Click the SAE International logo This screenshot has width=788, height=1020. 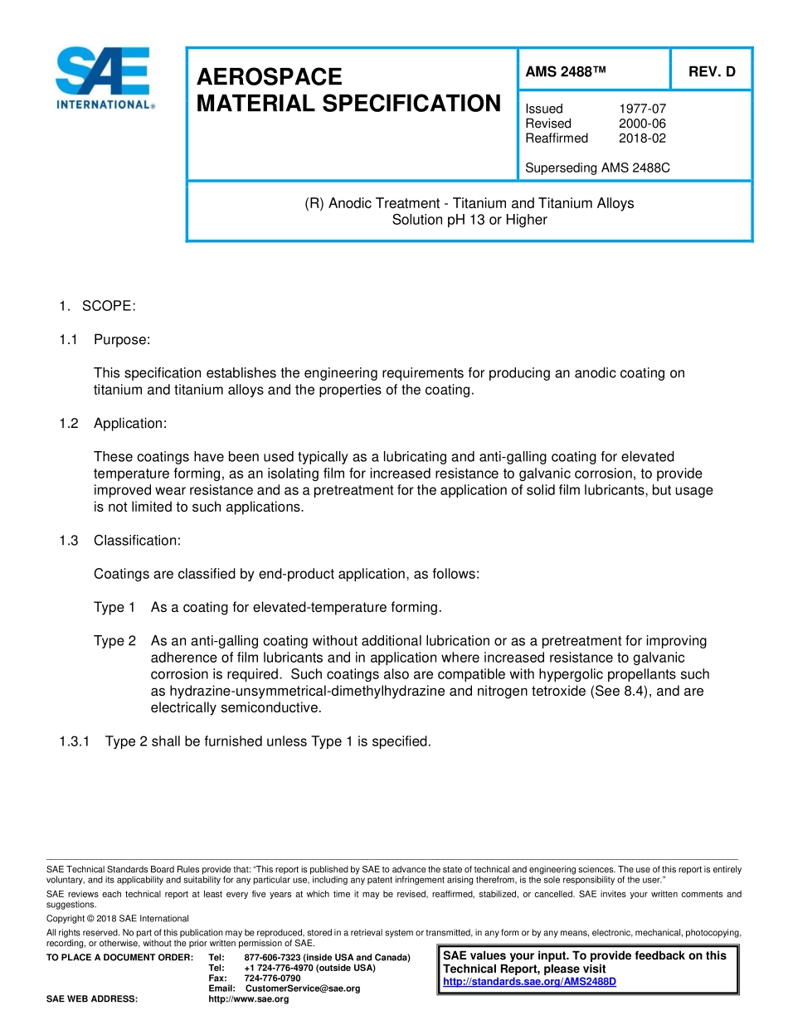coord(104,78)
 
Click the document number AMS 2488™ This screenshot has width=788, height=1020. coord(566,72)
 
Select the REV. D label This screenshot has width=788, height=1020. coord(711,72)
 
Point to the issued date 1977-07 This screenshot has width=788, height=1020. coord(642,109)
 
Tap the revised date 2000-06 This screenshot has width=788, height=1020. coord(642,124)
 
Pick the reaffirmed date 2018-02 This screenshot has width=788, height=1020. coord(642,138)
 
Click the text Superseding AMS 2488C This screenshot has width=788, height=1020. coord(597,168)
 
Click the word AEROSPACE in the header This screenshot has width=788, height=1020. coord(269,77)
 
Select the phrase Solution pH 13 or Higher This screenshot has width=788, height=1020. coord(469,221)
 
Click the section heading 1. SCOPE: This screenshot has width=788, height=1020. coord(97,307)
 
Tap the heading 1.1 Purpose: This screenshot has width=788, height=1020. coord(105,340)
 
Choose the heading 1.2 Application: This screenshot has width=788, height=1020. coord(113,424)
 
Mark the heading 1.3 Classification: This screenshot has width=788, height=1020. coord(119,541)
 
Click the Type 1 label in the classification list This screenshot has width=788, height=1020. coord(114,608)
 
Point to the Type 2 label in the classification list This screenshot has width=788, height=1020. coord(114,641)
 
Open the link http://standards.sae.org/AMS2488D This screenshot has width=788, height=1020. coord(529,982)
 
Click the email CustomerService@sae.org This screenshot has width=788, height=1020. coord(303,988)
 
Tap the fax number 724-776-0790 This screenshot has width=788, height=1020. coord(272,979)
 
